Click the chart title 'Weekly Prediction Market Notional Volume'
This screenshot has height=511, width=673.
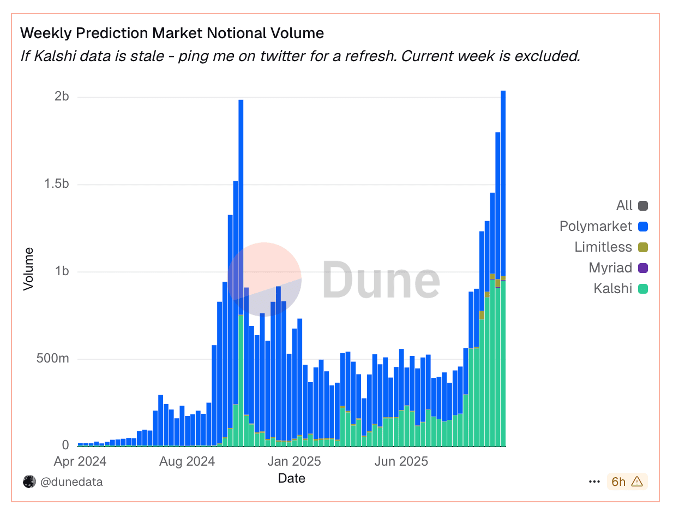pyautogui.click(x=172, y=33)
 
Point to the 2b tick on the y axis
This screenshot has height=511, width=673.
pyautogui.click(x=62, y=97)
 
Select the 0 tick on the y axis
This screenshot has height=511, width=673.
pyautogui.click(x=65, y=446)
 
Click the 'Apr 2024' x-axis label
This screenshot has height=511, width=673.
pyautogui.click(x=80, y=461)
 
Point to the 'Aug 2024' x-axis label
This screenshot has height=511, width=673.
pyautogui.click(x=187, y=461)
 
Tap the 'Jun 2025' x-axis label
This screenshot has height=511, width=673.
pyautogui.click(x=401, y=461)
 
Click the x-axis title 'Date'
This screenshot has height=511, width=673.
pyautogui.click(x=292, y=479)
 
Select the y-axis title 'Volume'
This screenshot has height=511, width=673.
pyautogui.click(x=29, y=269)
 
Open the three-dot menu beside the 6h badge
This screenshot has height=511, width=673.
pyautogui.click(x=594, y=482)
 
